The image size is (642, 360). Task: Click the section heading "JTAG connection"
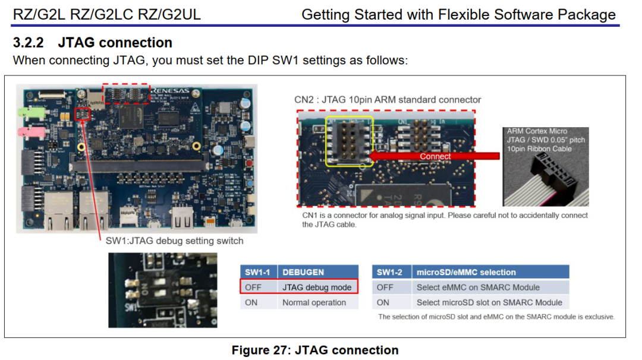coord(115,43)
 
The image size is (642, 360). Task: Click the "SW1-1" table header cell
coord(258,272)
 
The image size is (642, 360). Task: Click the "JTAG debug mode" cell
coord(317,288)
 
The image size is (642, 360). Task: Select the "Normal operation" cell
coord(314,302)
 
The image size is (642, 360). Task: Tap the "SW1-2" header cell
coord(390,272)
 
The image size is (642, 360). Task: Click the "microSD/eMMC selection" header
coord(466,272)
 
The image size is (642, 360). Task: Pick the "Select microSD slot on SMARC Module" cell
coord(489,302)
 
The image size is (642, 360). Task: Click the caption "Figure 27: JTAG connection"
coord(315,350)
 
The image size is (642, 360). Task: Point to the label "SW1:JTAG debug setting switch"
coord(174,241)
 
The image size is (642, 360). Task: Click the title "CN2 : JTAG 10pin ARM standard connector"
coord(388,99)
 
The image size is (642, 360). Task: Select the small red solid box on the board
coord(83,113)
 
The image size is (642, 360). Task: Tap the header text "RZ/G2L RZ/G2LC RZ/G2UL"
coord(107,14)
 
